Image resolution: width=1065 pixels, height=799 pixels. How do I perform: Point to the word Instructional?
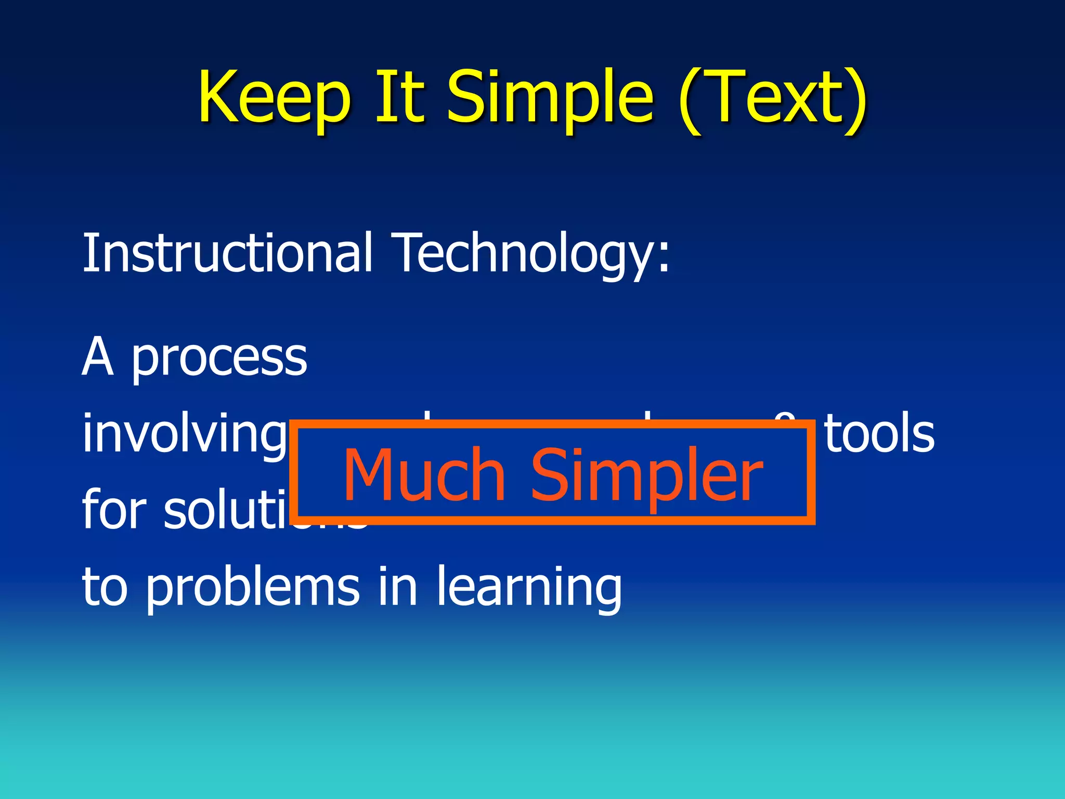coord(228,253)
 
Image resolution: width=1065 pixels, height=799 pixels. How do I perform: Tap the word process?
coord(219,360)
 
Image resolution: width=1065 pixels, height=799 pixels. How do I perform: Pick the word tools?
coord(880,433)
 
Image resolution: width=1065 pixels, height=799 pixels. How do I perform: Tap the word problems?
coord(252,588)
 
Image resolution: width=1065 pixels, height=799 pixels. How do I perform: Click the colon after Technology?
coord(664,259)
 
